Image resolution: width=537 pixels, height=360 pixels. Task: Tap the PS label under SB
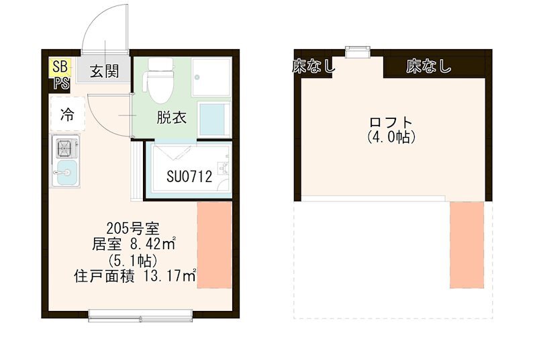(61, 83)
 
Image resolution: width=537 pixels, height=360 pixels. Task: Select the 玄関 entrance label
(105, 71)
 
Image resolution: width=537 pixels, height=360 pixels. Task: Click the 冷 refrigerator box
(68, 115)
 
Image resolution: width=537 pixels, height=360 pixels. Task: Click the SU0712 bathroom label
(189, 177)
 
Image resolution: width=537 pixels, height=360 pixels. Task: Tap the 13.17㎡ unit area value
(168, 275)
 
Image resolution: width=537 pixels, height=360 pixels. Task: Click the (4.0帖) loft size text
(391, 137)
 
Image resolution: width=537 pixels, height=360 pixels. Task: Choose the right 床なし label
(428, 66)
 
